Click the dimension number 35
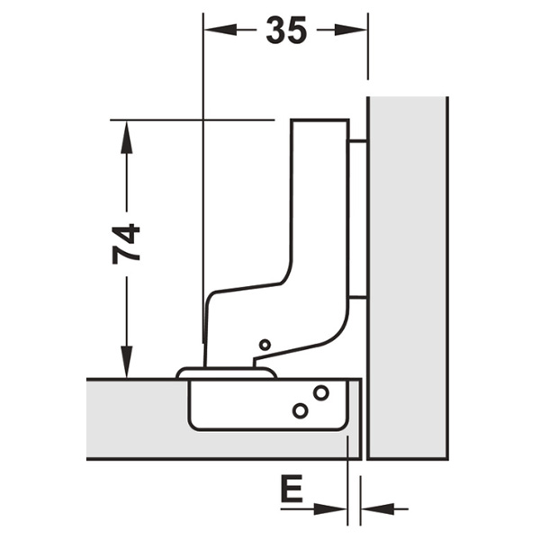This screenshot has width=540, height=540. [286, 31]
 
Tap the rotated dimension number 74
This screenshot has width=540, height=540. [126, 244]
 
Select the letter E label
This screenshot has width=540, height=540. [292, 489]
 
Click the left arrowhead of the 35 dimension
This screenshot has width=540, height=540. [220, 30]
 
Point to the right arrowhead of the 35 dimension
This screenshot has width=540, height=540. [351, 30]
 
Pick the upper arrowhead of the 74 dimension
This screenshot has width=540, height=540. [126, 137]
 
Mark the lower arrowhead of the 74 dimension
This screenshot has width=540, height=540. [126, 362]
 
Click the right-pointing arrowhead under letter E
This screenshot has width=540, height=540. [330, 508]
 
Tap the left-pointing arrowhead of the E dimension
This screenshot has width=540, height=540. [378, 508]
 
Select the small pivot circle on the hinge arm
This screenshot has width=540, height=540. [265, 345]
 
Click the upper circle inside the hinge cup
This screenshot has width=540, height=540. [321, 392]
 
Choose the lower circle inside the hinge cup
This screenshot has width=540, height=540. [300, 410]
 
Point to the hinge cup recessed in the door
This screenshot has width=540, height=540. [267, 405]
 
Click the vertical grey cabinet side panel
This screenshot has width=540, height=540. [408, 278]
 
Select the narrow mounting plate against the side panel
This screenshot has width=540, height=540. [357, 219]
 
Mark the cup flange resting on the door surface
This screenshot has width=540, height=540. [226, 373]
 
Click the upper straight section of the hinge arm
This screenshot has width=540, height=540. [320, 193]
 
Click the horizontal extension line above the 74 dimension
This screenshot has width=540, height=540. [193, 120]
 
